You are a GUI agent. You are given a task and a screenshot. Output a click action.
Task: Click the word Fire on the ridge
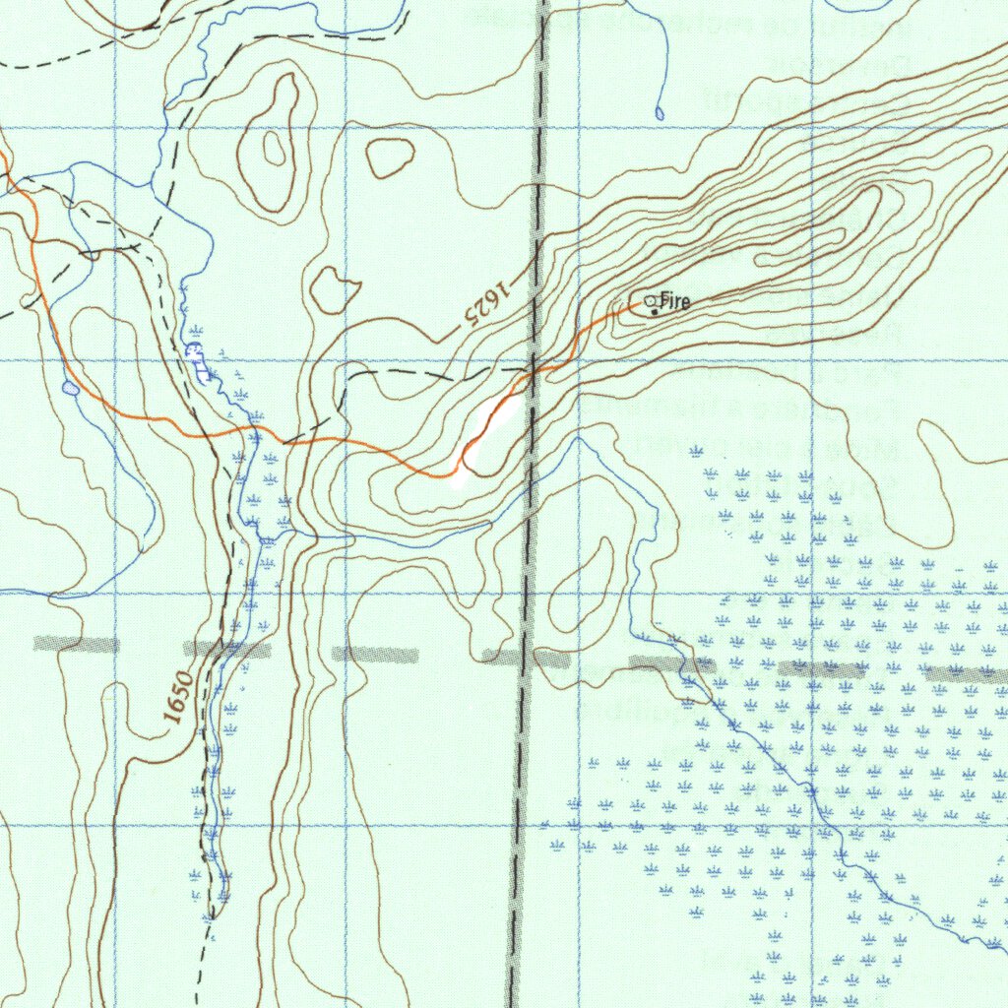(x=675, y=301)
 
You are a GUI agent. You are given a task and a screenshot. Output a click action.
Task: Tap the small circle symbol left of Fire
(x=649, y=300)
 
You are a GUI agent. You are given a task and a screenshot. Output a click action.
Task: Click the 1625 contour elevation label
(x=487, y=303)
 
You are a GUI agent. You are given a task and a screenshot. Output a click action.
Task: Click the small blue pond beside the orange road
(x=70, y=389)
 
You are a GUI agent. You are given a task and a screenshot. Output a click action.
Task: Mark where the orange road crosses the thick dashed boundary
(x=532, y=372)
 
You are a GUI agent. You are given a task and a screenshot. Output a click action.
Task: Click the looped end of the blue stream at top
(x=659, y=113)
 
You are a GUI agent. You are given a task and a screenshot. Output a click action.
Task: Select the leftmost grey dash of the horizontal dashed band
(x=76, y=644)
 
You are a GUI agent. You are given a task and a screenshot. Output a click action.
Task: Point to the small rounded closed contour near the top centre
(x=391, y=156)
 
